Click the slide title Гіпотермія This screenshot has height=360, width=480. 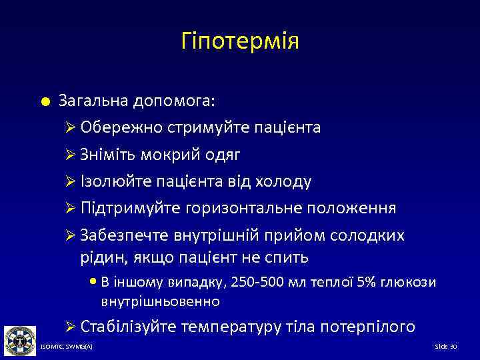pyautogui.click(x=239, y=41)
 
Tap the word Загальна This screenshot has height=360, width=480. pyautogui.click(x=94, y=101)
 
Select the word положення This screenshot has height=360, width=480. pyautogui.click(x=351, y=208)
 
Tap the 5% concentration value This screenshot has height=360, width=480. pyautogui.click(x=366, y=282)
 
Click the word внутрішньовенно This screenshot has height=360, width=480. pyautogui.click(x=160, y=301)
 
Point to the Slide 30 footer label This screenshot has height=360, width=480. pyautogui.click(x=445, y=348)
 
